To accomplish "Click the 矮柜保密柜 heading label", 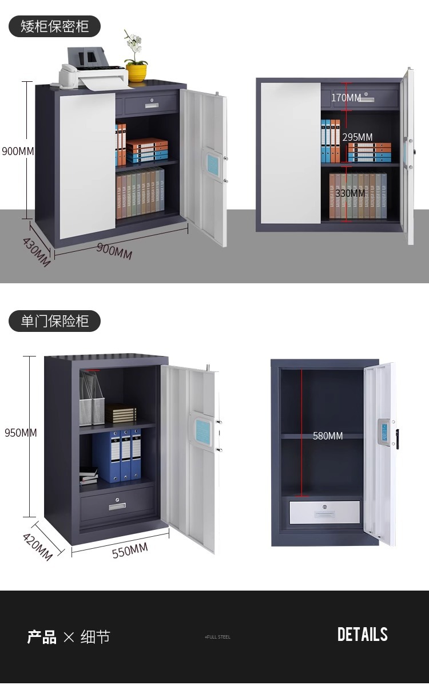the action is click(x=54, y=26).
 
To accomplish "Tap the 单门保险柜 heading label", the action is click(x=54, y=321).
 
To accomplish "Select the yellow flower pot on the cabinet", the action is click(x=136, y=73).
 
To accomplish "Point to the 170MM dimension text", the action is click(x=345, y=98).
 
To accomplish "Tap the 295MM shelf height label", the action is click(x=357, y=137).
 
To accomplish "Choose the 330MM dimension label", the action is click(x=349, y=193).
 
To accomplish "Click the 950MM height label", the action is click(x=21, y=433).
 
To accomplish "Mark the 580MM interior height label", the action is click(x=328, y=436).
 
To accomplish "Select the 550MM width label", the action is click(x=129, y=551).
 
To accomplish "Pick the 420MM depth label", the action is click(x=37, y=547).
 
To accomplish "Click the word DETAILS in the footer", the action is click(x=362, y=635).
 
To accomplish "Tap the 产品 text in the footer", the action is click(x=42, y=637).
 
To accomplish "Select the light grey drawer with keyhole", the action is click(x=325, y=512).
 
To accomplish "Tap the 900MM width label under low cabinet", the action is click(x=114, y=250).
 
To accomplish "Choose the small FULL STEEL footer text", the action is click(x=217, y=637).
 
